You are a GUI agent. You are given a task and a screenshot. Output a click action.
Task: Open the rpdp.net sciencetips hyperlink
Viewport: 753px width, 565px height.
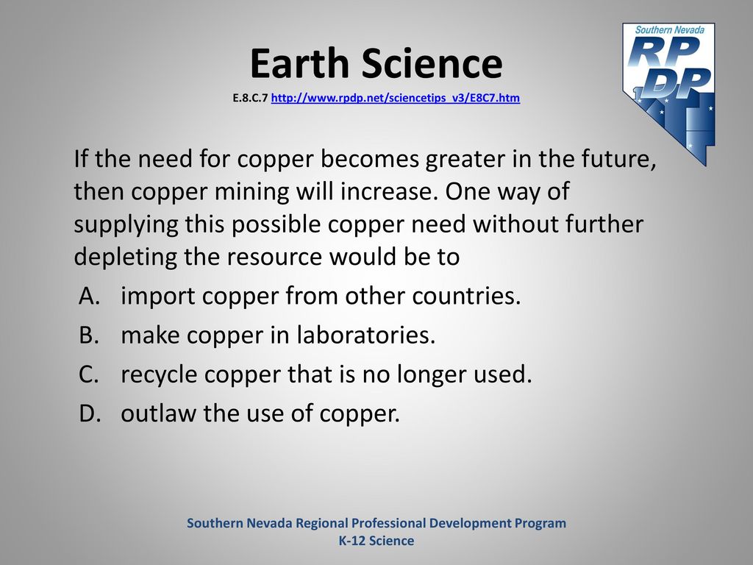(395, 98)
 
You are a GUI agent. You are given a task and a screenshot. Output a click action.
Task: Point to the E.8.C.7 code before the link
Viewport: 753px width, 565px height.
(250, 98)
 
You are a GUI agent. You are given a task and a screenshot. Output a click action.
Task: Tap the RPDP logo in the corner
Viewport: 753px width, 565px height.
(669, 93)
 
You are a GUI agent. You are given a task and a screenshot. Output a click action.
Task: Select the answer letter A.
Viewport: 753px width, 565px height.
(89, 296)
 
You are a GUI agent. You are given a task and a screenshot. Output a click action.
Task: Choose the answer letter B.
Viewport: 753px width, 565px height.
(89, 335)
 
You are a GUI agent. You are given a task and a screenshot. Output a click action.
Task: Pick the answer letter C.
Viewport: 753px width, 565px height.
(89, 374)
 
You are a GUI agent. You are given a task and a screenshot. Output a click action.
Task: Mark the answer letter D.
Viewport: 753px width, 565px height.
(90, 413)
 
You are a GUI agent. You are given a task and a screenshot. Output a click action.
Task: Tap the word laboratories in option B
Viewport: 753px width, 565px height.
(365, 335)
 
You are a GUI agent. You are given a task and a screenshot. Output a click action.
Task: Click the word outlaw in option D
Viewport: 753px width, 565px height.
(158, 413)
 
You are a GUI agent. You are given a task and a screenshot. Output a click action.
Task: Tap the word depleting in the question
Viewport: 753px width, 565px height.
(125, 257)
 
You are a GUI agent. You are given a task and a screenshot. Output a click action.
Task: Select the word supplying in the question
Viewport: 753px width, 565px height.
(125, 225)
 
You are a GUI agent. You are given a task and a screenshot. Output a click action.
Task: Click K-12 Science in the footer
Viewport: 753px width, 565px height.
(376, 541)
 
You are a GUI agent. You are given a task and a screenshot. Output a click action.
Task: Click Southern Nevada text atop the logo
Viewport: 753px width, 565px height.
(669, 29)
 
